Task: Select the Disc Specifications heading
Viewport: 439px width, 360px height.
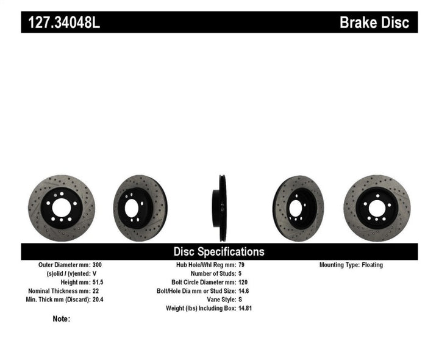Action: [219, 251]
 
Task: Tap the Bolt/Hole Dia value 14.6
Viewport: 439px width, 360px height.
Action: [243, 291]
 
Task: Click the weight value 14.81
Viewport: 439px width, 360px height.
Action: [244, 308]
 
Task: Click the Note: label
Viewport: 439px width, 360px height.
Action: [62, 319]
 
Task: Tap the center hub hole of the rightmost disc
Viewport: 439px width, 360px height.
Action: [376, 208]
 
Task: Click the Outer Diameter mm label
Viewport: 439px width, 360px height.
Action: [63, 265]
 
